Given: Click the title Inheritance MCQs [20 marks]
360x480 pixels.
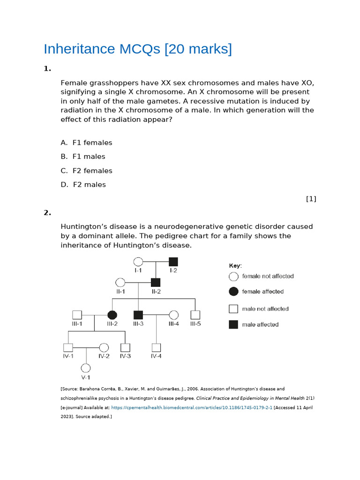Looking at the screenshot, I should click(x=137, y=49).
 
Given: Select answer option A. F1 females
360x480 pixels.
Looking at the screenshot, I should click(x=87, y=142).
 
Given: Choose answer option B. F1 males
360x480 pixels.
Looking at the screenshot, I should click(x=83, y=157).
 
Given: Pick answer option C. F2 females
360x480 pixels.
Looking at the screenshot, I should click(x=87, y=171).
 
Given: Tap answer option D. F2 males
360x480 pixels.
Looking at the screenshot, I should click(x=83, y=185).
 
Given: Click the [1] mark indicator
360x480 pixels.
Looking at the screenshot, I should click(x=311, y=199).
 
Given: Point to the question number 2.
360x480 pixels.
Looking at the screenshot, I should click(x=47, y=213).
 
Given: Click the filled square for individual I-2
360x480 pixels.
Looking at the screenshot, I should click(x=173, y=262).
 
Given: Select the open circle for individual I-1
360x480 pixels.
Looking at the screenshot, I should click(x=138, y=262).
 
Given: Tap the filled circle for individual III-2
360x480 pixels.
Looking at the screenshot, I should click(x=112, y=315).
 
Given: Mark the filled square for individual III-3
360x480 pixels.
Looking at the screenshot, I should click(x=138, y=315).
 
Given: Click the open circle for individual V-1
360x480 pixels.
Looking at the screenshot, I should click(x=86, y=368).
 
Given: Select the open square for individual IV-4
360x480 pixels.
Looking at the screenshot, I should click(x=156, y=347).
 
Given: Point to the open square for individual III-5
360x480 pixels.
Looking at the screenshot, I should click(x=195, y=315).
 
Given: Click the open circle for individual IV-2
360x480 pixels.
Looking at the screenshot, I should click(x=104, y=347).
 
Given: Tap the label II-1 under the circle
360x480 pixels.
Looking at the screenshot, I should click(x=120, y=291).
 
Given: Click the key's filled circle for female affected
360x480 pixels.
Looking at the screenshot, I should click(x=233, y=292).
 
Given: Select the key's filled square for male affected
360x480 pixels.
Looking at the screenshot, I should click(x=233, y=324).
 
